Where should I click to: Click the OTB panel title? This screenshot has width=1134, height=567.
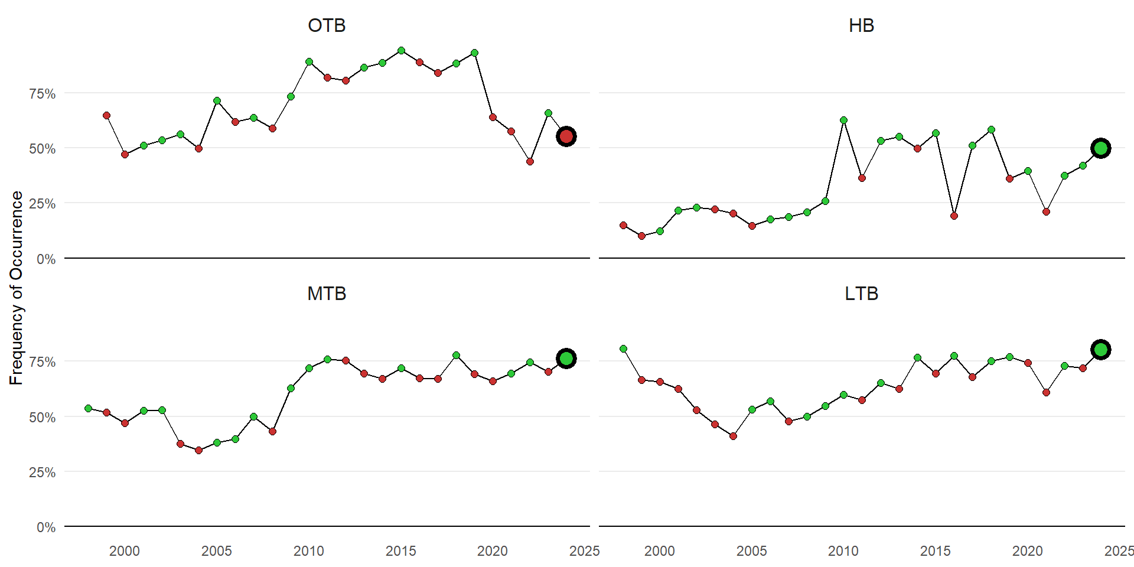click(x=327, y=25)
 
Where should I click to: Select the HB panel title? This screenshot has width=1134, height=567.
click(x=861, y=25)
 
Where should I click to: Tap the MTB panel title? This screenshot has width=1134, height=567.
click(x=327, y=294)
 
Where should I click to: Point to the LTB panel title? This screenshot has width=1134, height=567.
click(x=861, y=294)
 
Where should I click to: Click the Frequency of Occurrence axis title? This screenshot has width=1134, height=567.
click(x=16, y=288)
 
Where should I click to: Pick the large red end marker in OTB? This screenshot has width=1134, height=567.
click(x=566, y=136)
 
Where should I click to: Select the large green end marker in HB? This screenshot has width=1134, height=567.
click(x=1101, y=148)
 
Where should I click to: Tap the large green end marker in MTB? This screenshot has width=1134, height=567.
click(x=566, y=359)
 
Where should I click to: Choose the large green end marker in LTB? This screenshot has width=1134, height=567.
click(x=1101, y=350)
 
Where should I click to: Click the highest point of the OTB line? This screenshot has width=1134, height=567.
click(x=401, y=51)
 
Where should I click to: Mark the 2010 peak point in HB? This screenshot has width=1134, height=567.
click(x=843, y=120)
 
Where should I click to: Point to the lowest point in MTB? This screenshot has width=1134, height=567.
click(x=198, y=450)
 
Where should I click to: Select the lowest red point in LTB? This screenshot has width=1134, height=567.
click(x=733, y=436)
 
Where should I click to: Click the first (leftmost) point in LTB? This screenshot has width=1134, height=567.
click(x=623, y=349)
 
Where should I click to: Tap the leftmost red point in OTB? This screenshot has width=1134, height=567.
click(x=106, y=116)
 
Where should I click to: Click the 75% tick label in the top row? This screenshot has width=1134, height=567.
click(x=43, y=94)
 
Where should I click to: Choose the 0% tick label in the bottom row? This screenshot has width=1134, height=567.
click(x=46, y=527)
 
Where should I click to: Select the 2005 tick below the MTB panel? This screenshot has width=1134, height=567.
click(x=217, y=551)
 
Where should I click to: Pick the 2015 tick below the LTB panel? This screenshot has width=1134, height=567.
click(x=936, y=551)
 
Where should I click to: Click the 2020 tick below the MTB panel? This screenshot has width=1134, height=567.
click(x=493, y=551)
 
